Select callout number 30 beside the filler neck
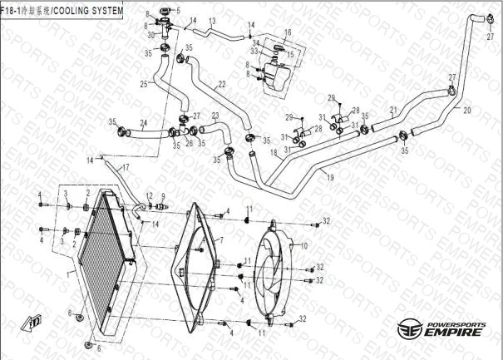[150, 36]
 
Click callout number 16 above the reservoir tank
[288, 32]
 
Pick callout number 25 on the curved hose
[143, 84]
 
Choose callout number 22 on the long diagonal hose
[222, 85]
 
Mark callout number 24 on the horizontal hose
[143, 124]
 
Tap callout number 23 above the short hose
[215, 116]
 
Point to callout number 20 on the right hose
[466, 110]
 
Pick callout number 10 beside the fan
[303, 246]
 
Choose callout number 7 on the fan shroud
[221, 240]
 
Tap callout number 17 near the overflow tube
[126, 168]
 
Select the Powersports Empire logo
[440, 328]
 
